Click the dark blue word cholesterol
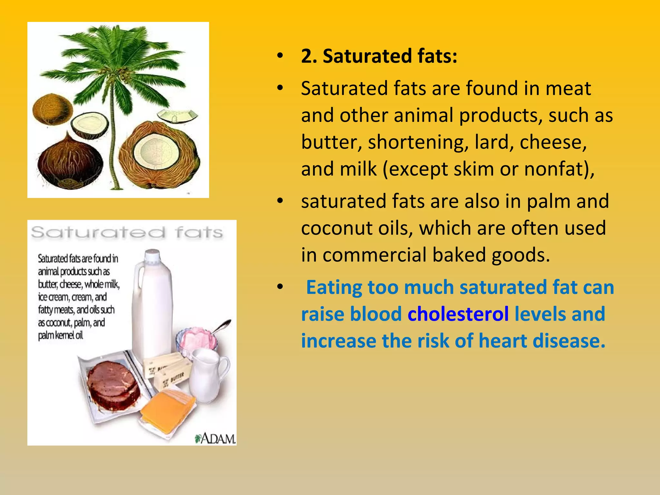[x=458, y=314]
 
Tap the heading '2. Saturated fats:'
[x=379, y=56]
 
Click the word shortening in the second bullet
[x=418, y=142]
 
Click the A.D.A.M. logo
[x=215, y=438]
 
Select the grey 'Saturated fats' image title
[x=127, y=232]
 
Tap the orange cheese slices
[x=168, y=408]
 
